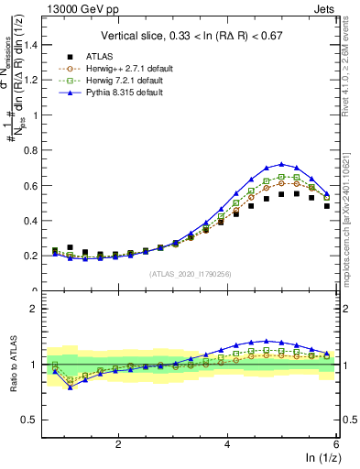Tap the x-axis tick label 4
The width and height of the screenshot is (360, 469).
point(227,443)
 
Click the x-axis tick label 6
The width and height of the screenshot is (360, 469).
point(335,443)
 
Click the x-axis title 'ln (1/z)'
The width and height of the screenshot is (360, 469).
point(318,457)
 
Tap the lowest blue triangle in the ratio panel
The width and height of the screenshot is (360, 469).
point(70,387)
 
